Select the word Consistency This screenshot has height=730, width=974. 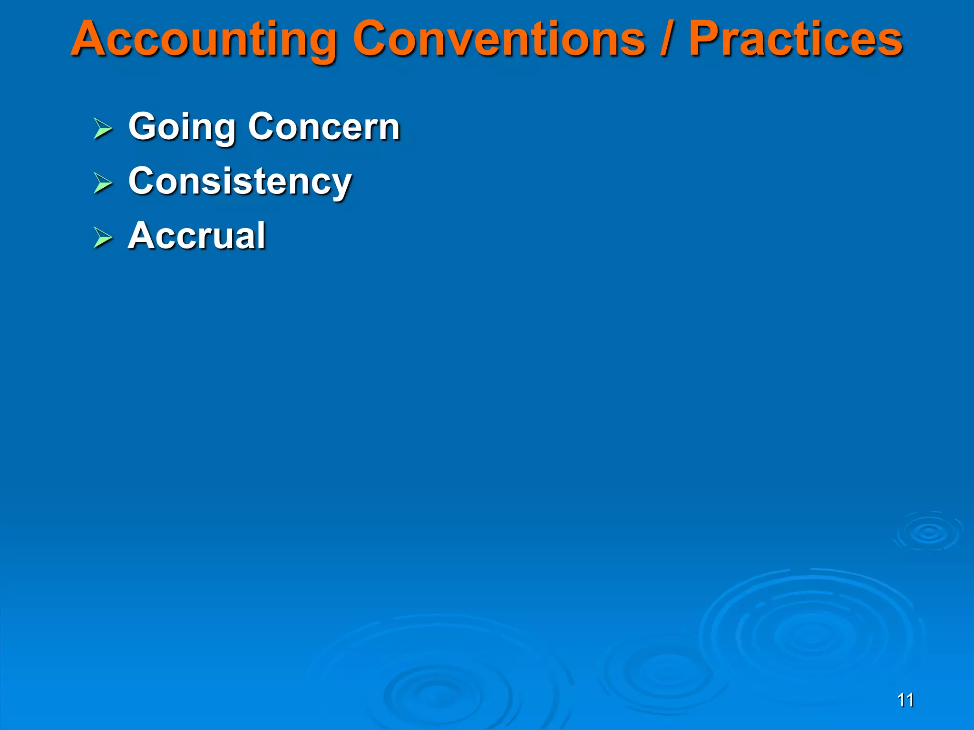(x=240, y=182)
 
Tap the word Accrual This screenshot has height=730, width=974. (x=197, y=236)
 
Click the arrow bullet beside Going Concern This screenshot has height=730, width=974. (x=103, y=128)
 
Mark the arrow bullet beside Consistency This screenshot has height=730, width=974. (x=103, y=183)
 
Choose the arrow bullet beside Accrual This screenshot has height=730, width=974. (x=103, y=237)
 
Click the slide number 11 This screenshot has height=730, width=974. (x=905, y=700)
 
